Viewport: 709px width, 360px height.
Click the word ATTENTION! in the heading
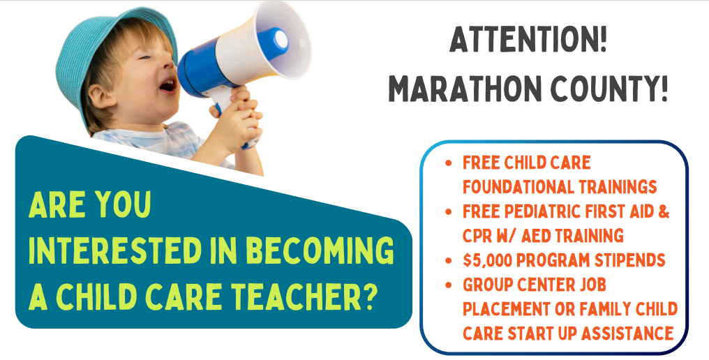528,39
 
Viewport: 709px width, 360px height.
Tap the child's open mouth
168,84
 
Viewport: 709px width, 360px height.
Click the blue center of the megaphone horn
276,41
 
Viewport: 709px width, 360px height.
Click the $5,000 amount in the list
487,260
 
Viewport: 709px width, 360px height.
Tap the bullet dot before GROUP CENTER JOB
449,285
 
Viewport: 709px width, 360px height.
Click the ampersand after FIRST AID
663,211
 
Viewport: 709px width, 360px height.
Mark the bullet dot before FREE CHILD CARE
449,163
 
